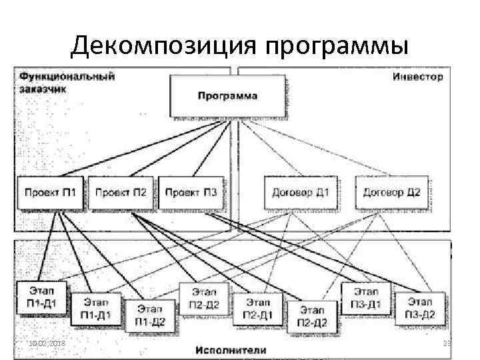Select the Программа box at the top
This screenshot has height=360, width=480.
pos(227,95)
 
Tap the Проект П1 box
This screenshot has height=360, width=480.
pos(50,193)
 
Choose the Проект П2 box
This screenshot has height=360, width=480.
pos(121,193)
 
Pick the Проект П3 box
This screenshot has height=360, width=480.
pos(191,193)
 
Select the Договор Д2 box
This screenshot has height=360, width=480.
pos(391,193)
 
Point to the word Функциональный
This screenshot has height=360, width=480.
pos(67,76)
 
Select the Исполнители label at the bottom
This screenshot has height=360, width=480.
pos(231,349)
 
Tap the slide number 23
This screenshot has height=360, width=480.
pos(447,343)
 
